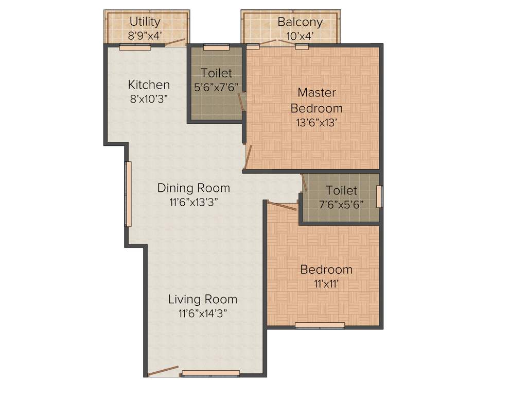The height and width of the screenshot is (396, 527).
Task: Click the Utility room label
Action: click(x=145, y=22)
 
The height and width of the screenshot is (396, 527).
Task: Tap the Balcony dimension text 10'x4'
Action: click(x=300, y=36)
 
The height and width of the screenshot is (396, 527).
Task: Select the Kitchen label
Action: click(x=149, y=85)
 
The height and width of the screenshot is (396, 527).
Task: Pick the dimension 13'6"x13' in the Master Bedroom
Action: click(x=317, y=122)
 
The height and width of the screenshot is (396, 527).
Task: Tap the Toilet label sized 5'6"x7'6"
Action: click(x=216, y=73)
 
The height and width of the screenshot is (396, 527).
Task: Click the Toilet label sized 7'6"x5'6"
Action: click(x=341, y=190)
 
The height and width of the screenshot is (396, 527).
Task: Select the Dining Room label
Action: click(x=194, y=188)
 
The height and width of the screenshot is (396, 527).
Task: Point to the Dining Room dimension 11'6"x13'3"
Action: click(x=194, y=202)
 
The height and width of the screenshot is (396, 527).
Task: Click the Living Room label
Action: click(x=203, y=299)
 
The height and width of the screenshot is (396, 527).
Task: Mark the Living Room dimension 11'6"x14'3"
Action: click(x=203, y=312)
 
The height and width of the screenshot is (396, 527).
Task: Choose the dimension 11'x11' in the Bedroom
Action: click(x=326, y=283)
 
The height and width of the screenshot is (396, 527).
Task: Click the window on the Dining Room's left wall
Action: click(x=128, y=194)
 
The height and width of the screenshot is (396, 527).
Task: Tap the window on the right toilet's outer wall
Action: click(x=380, y=196)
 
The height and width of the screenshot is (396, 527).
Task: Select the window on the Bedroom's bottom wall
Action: click(x=320, y=325)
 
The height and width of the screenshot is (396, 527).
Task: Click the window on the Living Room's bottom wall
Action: click(x=211, y=373)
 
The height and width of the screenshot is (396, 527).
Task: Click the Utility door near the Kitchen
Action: click(x=175, y=43)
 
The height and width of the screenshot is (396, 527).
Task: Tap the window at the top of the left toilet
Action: click(x=216, y=47)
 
